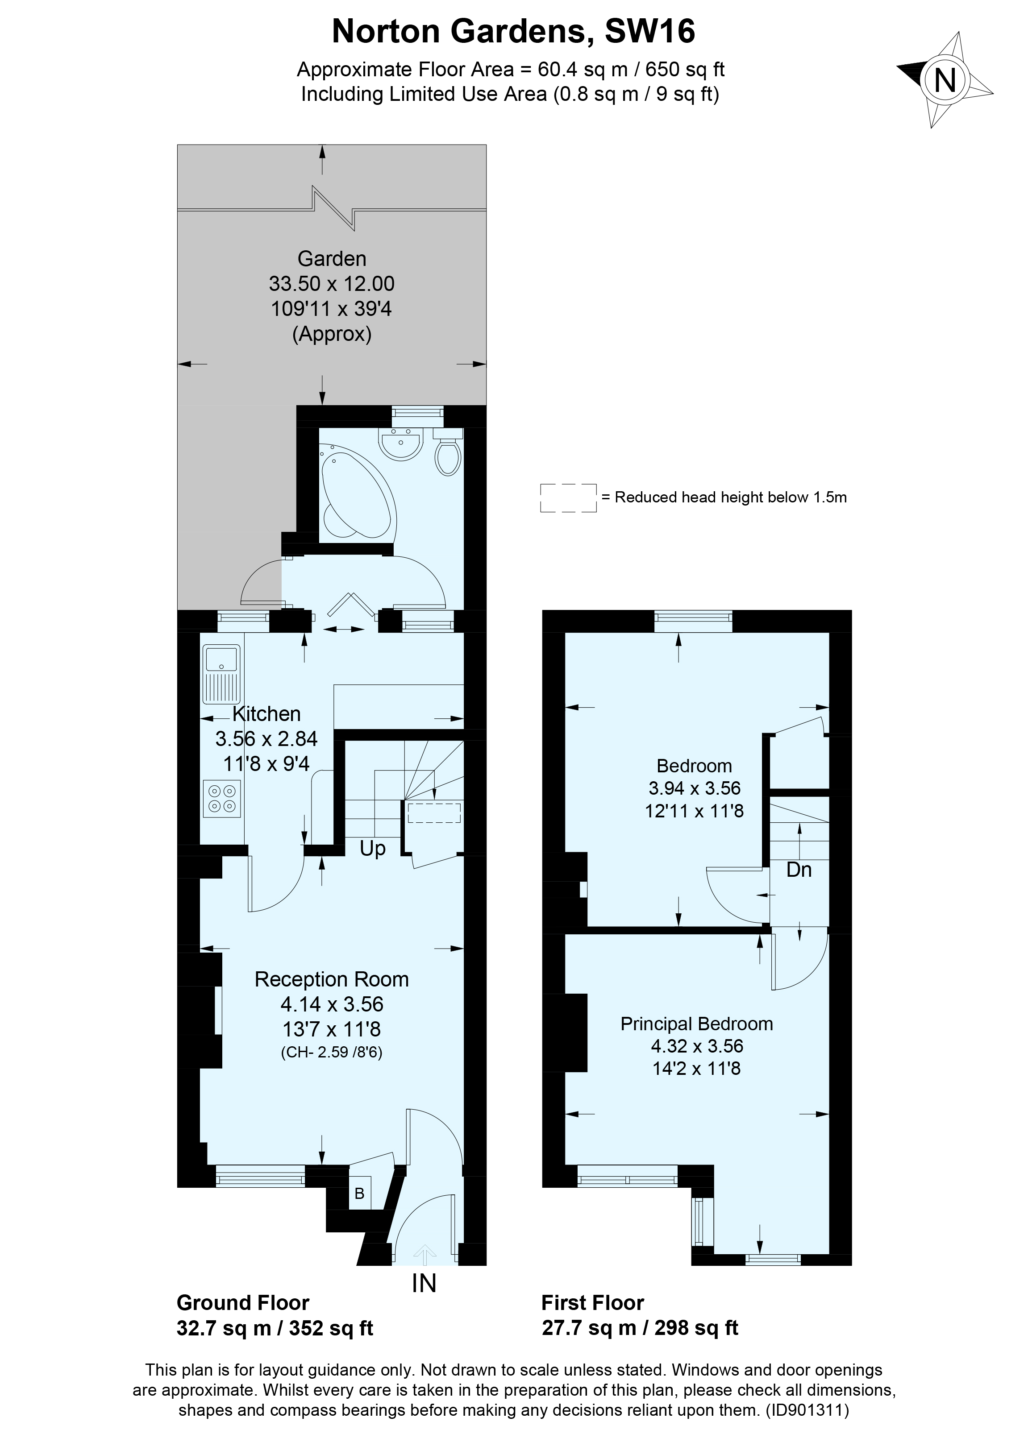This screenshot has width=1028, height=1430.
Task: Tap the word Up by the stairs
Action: click(x=372, y=848)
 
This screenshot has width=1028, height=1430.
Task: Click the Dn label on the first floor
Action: click(x=799, y=870)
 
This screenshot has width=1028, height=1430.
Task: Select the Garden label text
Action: click(x=332, y=258)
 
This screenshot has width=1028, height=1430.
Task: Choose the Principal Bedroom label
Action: click(x=696, y=1024)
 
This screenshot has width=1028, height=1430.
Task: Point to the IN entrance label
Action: click(x=424, y=1283)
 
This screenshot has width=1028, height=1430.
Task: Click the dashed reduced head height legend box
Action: click(x=568, y=497)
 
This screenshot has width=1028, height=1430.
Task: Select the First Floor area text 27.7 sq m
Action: click(x=588, y=1328)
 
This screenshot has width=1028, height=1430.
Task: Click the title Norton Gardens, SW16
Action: click(x=513, y=32)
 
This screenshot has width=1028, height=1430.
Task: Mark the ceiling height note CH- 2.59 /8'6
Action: click(x=331, y=1052)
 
